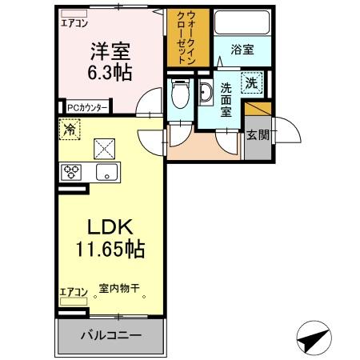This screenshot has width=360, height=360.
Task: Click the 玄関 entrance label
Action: pos(257,134)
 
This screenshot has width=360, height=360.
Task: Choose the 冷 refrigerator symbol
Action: pos(70,127)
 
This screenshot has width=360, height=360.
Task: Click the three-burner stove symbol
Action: pos(72,171)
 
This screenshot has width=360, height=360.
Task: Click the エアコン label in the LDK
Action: pos(72,292)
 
